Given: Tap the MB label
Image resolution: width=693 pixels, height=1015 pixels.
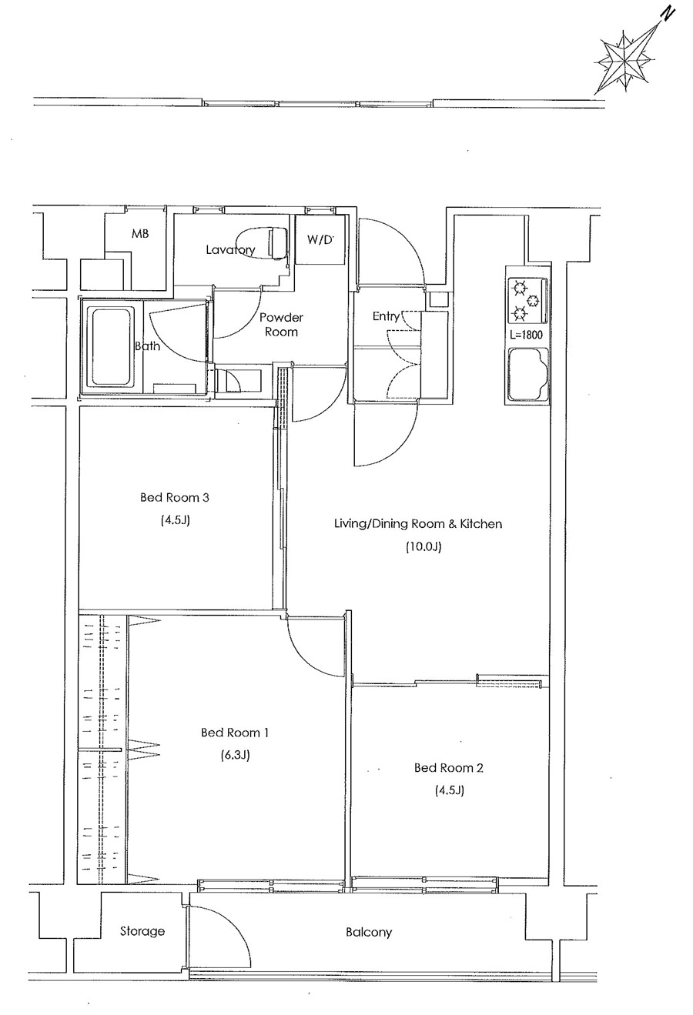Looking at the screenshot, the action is coord(140,234).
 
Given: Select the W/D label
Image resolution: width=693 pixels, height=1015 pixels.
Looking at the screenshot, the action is coord(320,240).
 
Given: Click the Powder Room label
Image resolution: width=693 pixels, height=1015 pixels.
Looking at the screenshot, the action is coord(281,325).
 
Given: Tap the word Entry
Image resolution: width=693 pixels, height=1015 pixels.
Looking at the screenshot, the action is coord(386,316).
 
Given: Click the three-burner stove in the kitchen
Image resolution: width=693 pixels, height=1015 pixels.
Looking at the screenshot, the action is coord(527,300).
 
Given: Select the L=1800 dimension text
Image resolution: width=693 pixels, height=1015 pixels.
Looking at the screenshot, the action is coord(526,336).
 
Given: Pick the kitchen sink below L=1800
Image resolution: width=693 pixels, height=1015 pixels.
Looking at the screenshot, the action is coord(528,374).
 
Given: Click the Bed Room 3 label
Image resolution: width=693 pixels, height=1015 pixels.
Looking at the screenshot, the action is coord(175,498).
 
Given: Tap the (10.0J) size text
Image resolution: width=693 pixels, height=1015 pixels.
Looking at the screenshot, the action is coord(423,546).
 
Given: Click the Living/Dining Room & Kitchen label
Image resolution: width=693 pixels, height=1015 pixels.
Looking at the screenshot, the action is coord(418,524).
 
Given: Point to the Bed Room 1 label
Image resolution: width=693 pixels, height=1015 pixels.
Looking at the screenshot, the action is coord(235,733).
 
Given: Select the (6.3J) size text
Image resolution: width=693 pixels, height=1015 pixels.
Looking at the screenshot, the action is coord(235,755).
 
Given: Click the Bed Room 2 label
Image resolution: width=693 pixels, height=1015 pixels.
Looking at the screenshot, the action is coord(449,767).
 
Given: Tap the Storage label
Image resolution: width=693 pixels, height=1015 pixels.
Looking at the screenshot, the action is coord(142,932).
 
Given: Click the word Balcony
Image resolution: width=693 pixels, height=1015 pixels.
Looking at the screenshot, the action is coord(369,933).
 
